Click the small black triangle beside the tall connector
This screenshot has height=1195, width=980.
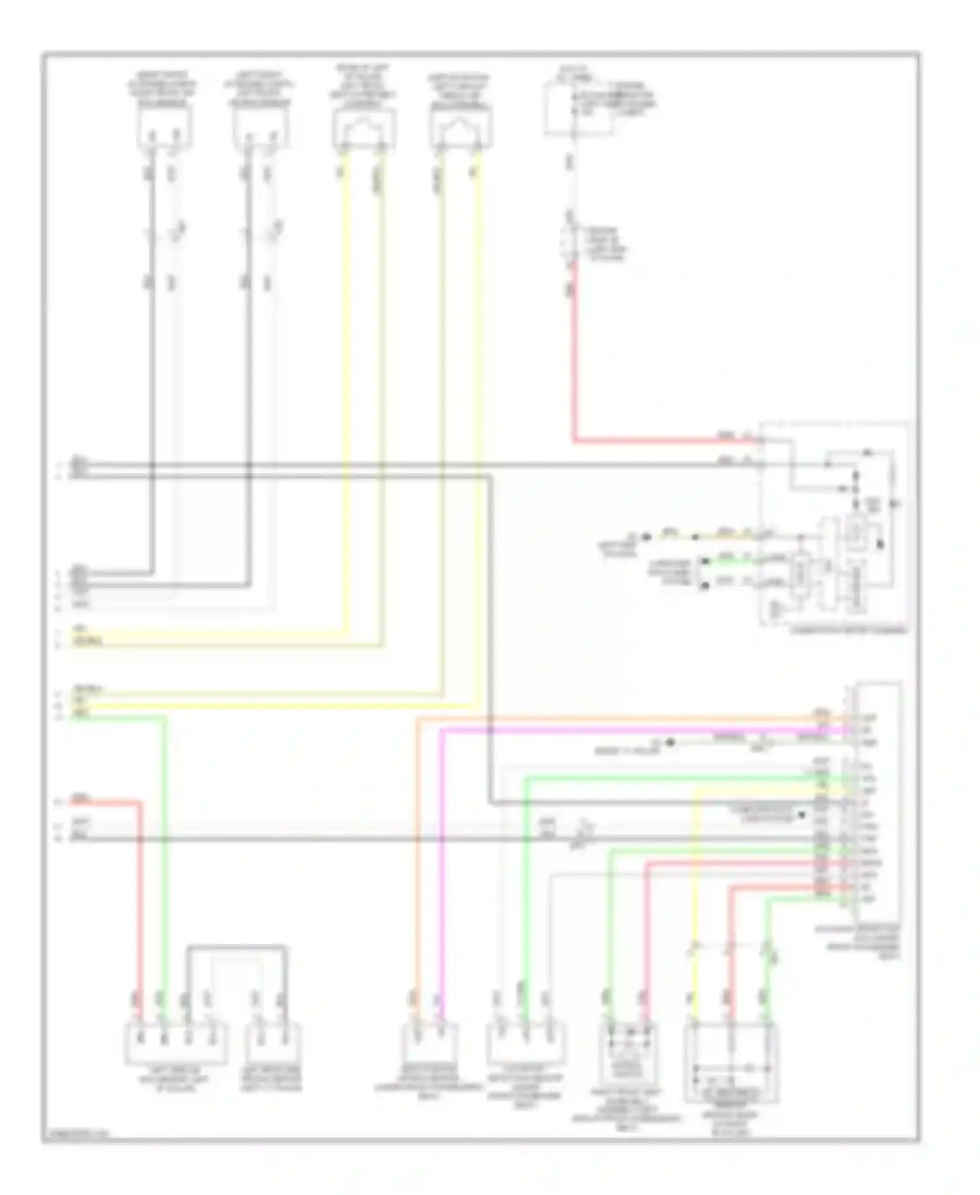click(x=802, y=815)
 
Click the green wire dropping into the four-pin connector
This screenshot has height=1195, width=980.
click(x=163, y=850)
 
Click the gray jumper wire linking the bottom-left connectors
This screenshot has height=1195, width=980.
click(x=236, y=947)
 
